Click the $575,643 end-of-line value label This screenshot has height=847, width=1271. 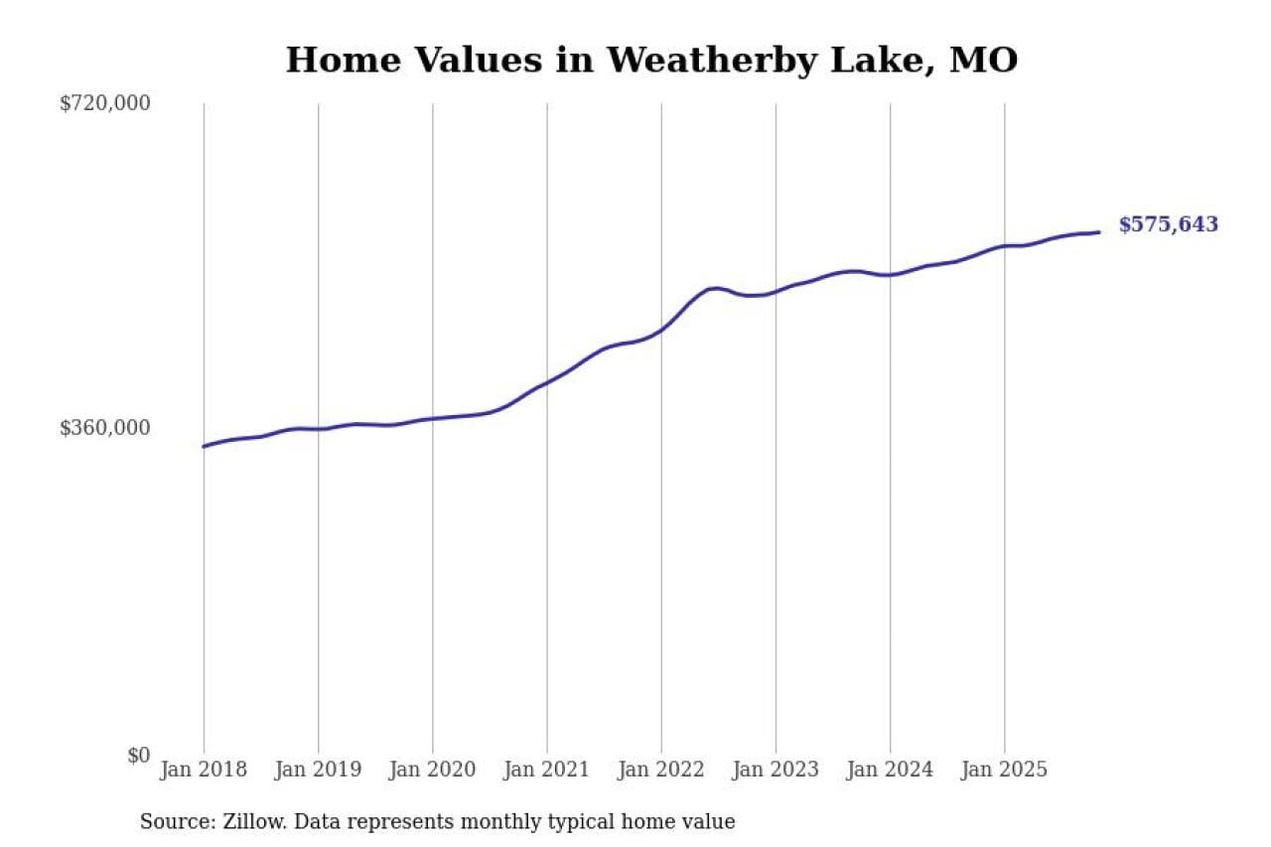[1168, 225]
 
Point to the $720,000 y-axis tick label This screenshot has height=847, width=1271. [105, 103]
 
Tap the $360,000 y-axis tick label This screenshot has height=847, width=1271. [105, 428]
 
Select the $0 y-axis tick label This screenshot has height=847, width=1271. [138, 755]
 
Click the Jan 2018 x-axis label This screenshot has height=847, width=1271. [204, 770]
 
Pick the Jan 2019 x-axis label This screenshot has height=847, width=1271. [318, 770]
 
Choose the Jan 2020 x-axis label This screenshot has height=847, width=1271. [432, 770]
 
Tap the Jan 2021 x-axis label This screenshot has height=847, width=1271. [546, 770]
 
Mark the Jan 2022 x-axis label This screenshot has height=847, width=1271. [661, 770]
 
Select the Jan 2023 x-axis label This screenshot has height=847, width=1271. [776, 770]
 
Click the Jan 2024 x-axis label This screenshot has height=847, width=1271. [890, 770]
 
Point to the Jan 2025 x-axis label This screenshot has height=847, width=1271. [1004, 770]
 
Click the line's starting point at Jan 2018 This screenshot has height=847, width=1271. [204, 447]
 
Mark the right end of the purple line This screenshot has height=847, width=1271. [1099, 232]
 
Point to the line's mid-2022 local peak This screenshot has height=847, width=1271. [715, 288]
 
